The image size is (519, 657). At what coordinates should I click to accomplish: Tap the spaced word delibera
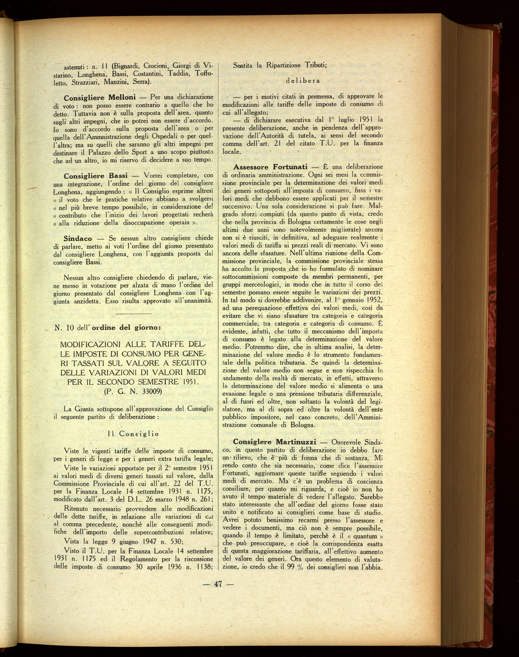[x=303, y=81]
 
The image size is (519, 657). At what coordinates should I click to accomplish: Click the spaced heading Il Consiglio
[x=133, y=434]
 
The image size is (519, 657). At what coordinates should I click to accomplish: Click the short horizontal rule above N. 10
[x=134, y=314]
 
